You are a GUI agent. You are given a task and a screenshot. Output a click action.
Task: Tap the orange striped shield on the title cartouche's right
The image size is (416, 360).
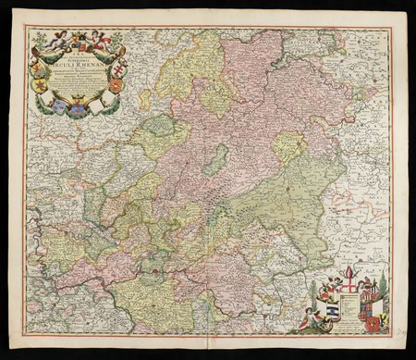(x=116, y=86)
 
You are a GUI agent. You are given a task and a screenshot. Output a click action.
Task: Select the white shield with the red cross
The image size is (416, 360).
(x=349, y=284)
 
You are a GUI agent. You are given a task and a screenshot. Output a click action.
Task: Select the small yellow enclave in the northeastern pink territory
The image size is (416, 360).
(x=289, y=146)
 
